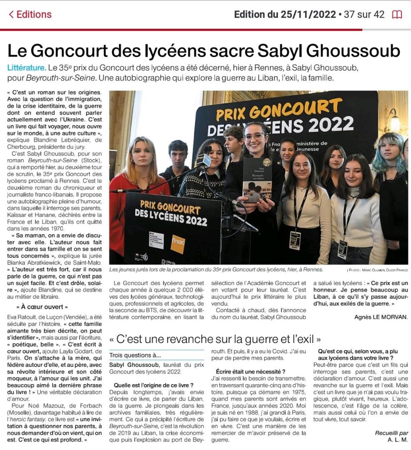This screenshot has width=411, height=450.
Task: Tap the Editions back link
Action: tap(30, 15)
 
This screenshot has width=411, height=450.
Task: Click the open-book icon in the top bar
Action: tap(397, 15)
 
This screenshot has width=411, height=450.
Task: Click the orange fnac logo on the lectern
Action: tap(178, 243)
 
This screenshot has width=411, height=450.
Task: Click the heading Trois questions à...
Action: tap(135, 355)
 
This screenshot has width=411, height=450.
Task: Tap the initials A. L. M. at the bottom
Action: tap(398, 440)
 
